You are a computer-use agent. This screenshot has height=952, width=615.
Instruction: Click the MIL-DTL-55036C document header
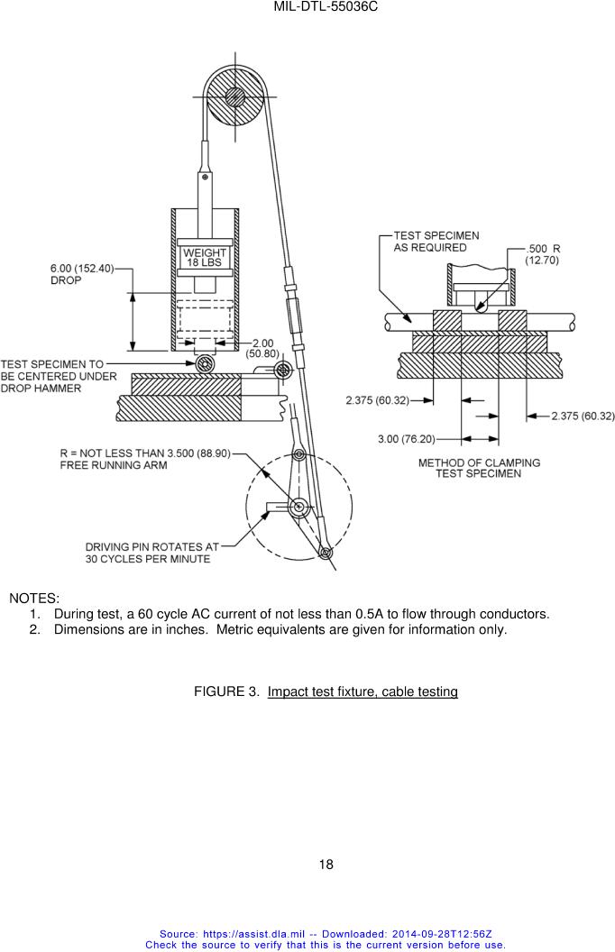[x=326, y=6]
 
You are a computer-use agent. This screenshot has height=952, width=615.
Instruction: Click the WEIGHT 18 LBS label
[x=205, y=258]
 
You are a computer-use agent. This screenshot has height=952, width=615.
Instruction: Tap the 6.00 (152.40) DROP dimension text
[x=82, y=274]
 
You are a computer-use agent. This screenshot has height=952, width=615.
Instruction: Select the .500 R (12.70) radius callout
[x=543, y=254]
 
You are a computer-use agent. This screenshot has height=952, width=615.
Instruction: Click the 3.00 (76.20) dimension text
[x=406, y=439]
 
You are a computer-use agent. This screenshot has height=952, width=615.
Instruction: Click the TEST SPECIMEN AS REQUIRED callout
[x=436, y=242]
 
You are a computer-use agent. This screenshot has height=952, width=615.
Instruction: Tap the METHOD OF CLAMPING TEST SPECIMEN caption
[x=479, y=468]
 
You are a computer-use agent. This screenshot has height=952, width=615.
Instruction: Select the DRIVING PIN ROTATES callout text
[x=151, y=553]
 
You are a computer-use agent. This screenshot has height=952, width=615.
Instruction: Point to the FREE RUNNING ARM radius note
[x=145, y=459]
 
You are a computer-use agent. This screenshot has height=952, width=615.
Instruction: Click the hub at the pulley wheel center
[x=234, y=96]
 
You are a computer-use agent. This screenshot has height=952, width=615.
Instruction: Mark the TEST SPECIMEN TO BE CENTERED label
[x=59, y=376]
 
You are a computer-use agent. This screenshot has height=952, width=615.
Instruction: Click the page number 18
[x=326, y=865]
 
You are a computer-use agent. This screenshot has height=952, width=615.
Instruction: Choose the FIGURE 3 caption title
[x=326, y=691]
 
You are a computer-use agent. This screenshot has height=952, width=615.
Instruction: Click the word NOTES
[x=34, y=598]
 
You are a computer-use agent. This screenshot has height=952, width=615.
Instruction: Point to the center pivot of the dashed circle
[x=298, y=506]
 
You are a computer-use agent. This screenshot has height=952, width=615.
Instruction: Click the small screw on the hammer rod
[x=206, y=177]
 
